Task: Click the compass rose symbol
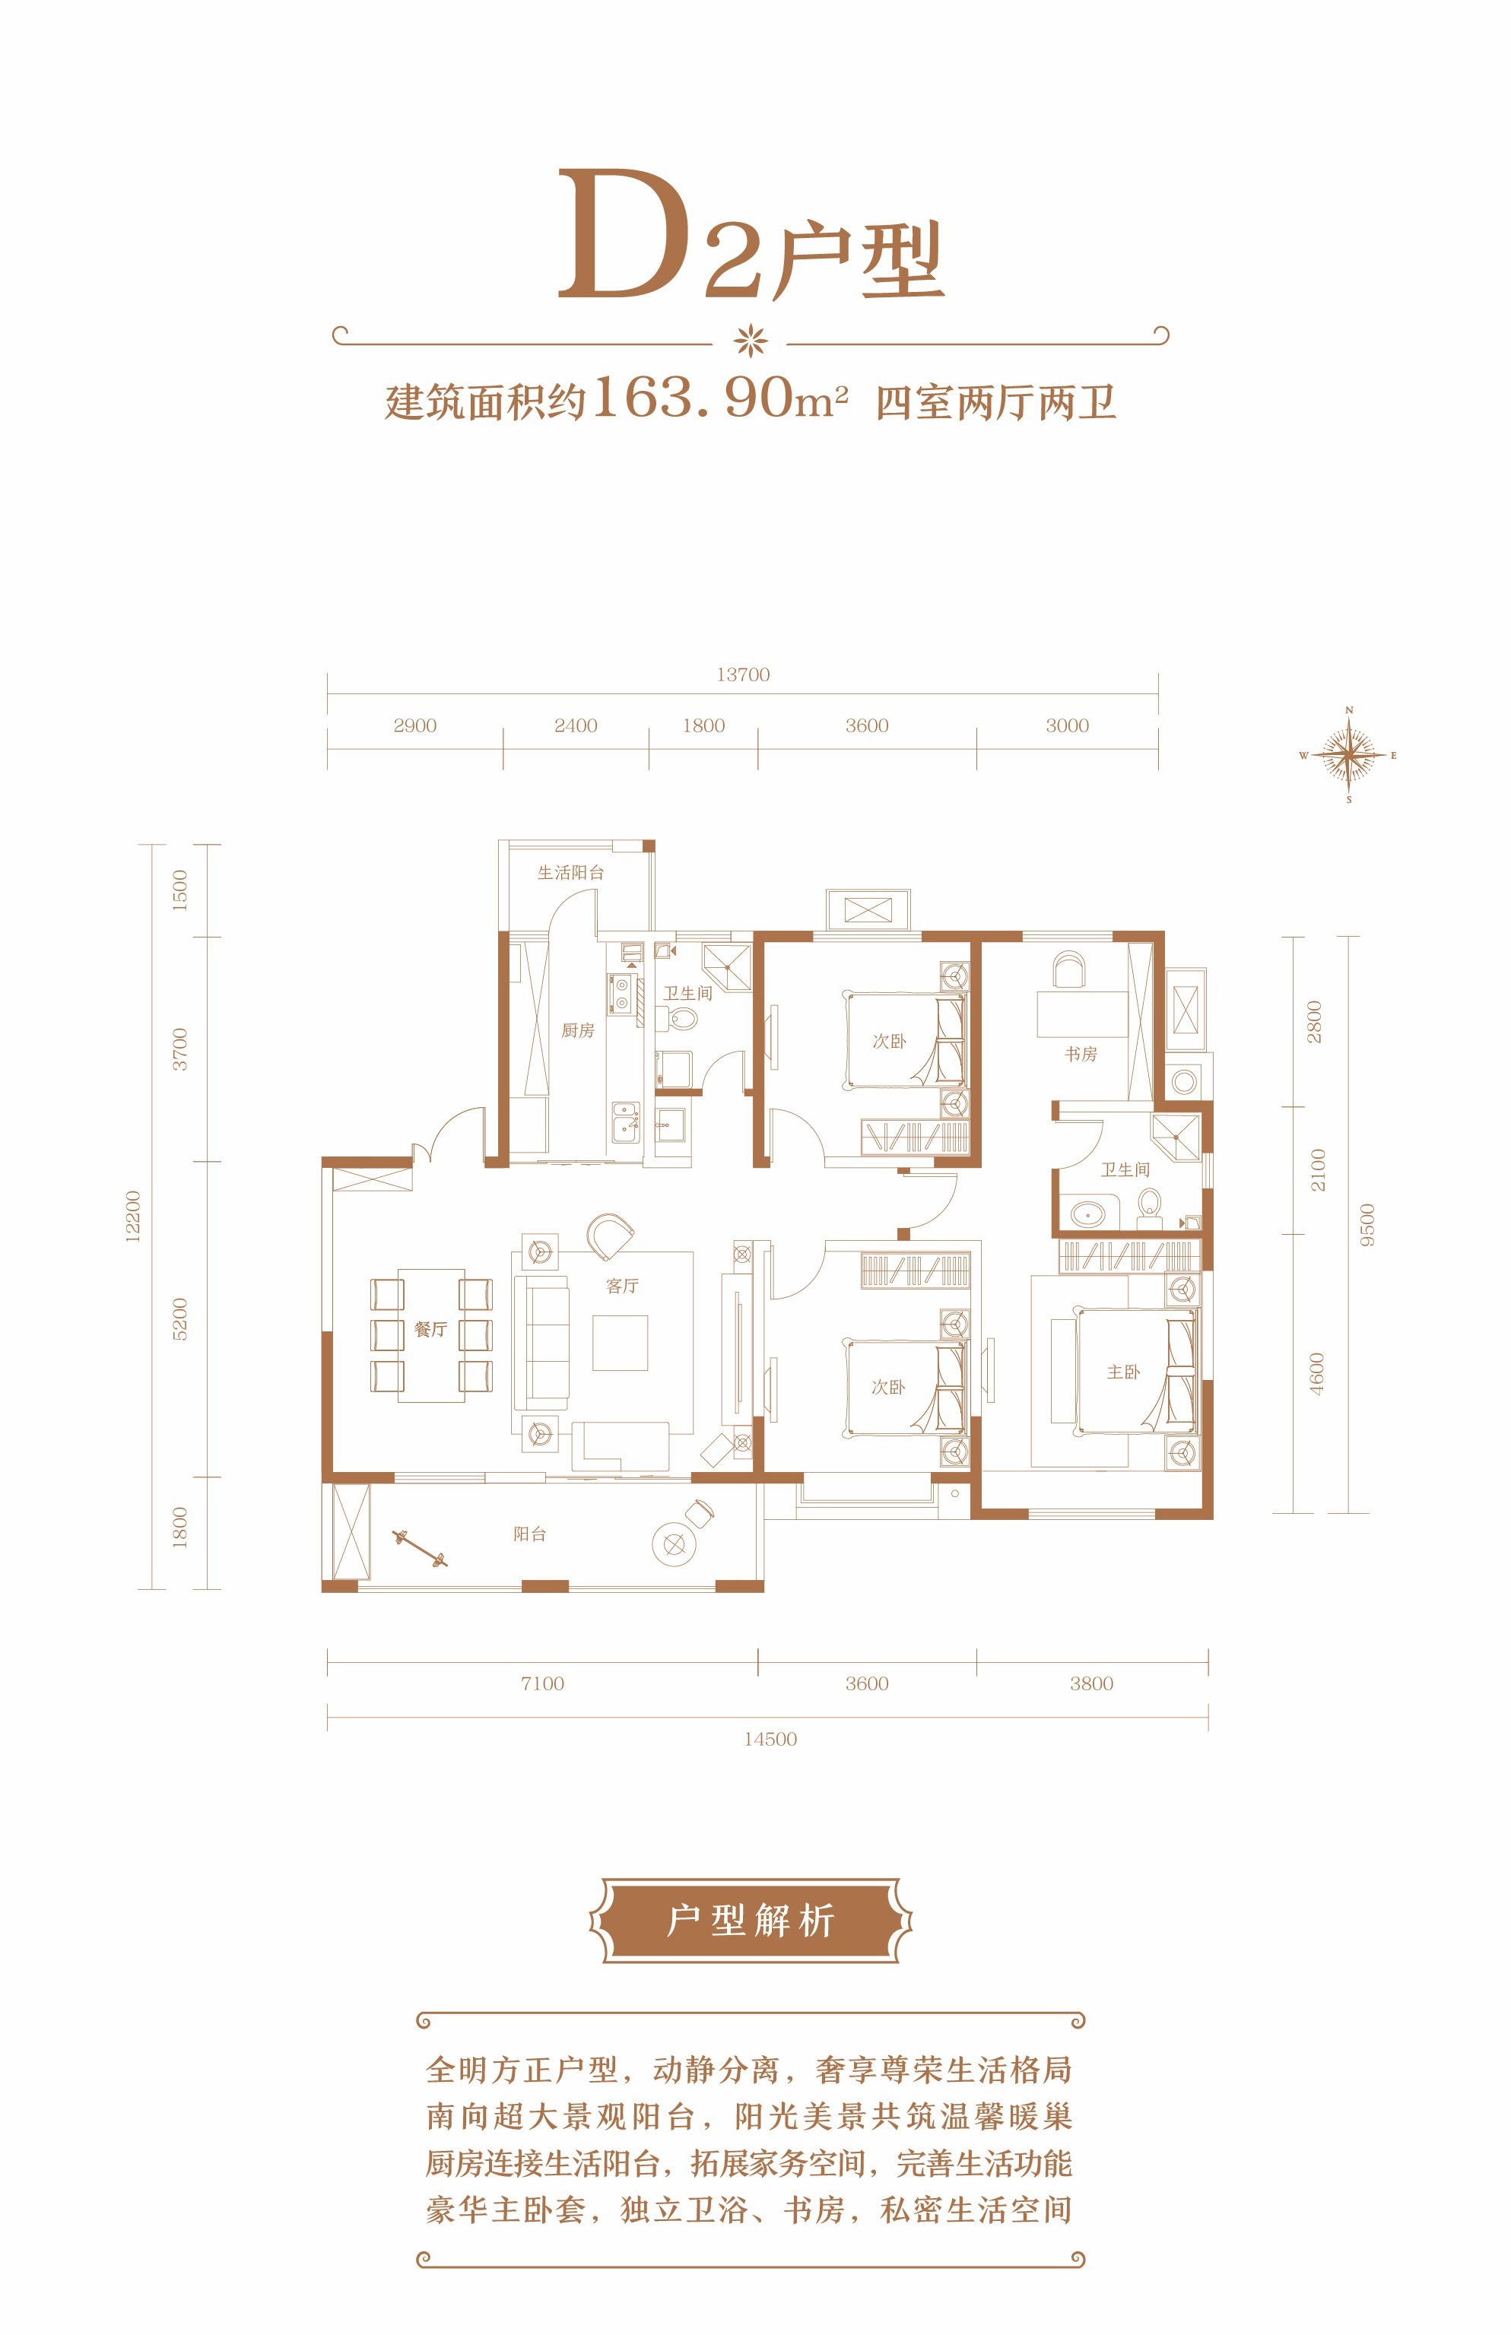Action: coord(1349,756)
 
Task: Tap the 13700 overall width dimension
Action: coord(743,675)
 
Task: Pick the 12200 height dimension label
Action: coord(132,1217)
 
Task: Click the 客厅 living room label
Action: coord(622,1285)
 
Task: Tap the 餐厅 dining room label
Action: coord(430,1329)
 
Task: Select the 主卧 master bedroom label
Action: coord(1123,1372)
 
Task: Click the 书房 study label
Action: coord(1081,1054)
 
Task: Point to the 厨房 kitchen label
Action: coord(578,1030)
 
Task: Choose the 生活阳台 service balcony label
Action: coord(571,872)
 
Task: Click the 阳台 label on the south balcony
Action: coord(530,1534)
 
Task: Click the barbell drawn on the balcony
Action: coord(420,1547)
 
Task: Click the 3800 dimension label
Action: coord(1091,1683)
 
